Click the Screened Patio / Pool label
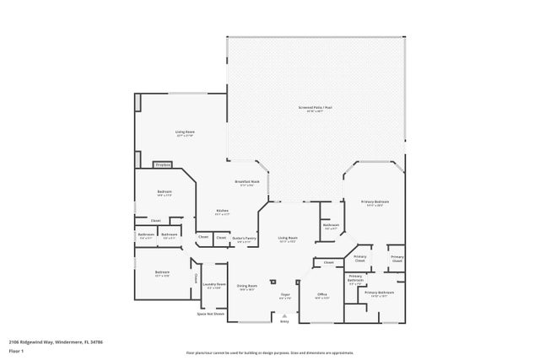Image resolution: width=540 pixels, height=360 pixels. (x=315, y=109)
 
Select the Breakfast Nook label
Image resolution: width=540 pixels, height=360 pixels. (x=246, y=183)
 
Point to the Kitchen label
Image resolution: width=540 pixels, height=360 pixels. (x=223, y=212)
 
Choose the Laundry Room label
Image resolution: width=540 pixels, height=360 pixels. (x=214, y=285)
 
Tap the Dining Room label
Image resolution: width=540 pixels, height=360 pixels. (x=246, y=287)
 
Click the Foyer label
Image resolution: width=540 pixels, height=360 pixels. (x=285, y=295)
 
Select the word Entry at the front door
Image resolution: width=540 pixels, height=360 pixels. (x=284, y=321)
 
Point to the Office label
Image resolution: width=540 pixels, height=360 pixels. (x=321, y=295)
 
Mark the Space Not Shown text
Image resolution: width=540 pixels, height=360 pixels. (x=211, y=314)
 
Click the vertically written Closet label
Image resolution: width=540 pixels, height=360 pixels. (x=197, y=278)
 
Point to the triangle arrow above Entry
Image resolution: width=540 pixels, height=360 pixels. (x=284, y=315)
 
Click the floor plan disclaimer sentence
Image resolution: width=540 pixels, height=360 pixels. (x=270, y=352)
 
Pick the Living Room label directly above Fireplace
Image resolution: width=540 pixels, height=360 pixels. (x=185, y=133)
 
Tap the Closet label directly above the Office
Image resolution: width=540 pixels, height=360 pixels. (x=329, y=262)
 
